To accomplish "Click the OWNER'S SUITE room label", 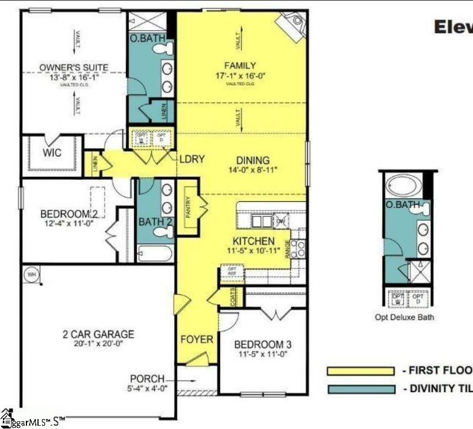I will coord(73,68).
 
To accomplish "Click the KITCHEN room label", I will coord(253,241).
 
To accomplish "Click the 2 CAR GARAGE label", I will coord(98,334).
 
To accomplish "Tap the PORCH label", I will coord(147,379).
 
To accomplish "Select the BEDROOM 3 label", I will coord(263,344).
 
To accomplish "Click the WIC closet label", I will coord(52,152).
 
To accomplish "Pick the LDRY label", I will coord(192,159).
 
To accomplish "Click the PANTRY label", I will coord(188,207).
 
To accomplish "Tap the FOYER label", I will coord(197,339).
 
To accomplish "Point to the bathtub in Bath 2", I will coord(154,254).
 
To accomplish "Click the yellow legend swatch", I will coord(361,371).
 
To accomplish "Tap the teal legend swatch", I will coord(361,389).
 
